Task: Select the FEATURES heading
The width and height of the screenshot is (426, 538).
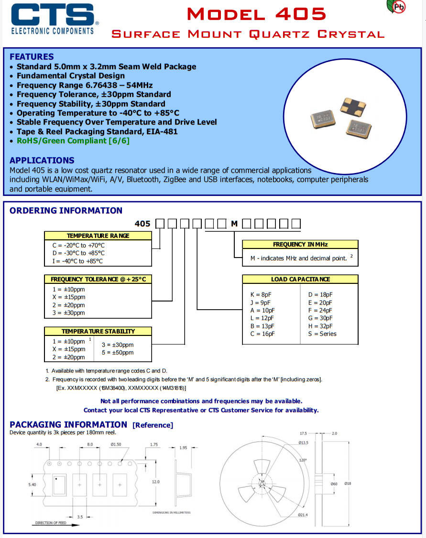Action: point(32,56)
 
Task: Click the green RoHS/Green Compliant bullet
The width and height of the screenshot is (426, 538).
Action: point(73,140)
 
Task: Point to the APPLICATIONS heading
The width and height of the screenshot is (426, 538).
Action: point(42,160)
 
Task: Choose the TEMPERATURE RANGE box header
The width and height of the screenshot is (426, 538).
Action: point(98,236)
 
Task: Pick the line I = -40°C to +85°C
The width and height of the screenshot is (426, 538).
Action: point(77,261)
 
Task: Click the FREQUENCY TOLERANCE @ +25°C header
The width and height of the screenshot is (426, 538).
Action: point(98,279)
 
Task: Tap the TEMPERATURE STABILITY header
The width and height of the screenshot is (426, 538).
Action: point(98,331)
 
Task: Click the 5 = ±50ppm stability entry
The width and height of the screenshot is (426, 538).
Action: point(118,353)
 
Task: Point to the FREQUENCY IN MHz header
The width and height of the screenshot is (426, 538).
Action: point(300,244)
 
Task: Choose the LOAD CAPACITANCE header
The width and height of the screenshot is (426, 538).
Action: point(300,279)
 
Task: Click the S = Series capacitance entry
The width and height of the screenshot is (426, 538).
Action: point(322,334)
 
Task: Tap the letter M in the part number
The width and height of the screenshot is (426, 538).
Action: point(234,224)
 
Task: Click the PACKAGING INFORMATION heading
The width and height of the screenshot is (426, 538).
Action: point(68,424)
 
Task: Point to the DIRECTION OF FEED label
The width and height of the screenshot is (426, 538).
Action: point(51,523)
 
